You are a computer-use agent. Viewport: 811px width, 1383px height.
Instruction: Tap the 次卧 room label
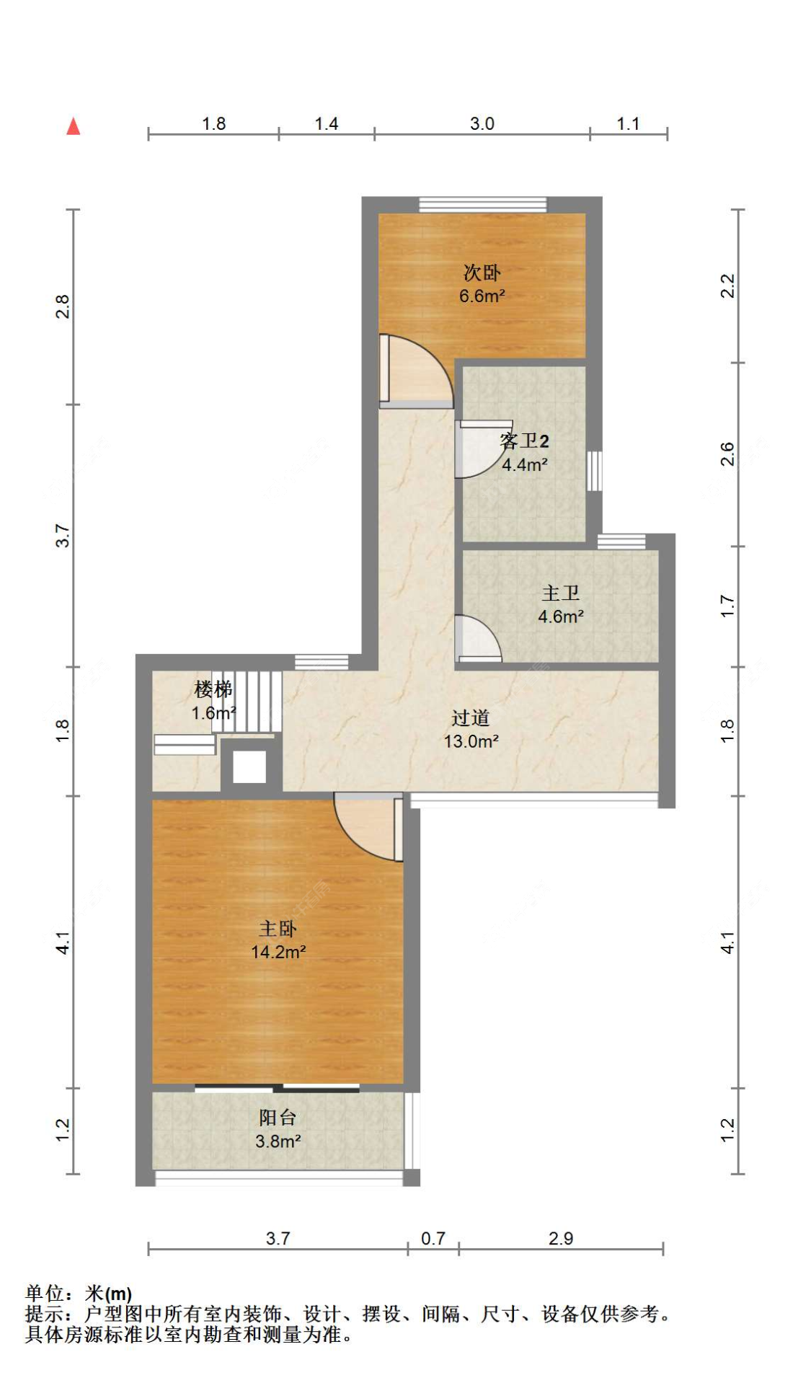point(482,273)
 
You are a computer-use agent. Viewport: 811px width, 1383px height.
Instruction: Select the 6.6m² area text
point(482,296)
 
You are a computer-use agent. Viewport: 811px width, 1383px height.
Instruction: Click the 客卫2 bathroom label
point(524,441)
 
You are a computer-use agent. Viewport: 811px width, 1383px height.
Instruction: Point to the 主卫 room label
point(560,593)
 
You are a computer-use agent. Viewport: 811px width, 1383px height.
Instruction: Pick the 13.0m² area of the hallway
point(471,741)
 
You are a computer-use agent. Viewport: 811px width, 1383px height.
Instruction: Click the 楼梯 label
point(213,689)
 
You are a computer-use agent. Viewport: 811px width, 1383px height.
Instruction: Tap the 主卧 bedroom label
point(278,929)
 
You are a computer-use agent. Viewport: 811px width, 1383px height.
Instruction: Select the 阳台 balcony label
point(278,1118)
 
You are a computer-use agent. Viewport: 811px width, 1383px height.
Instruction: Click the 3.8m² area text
point(278,1141)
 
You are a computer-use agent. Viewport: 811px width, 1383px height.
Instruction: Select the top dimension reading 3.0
point(482,123)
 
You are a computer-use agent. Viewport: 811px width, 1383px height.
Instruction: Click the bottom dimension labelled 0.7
point(433,1238)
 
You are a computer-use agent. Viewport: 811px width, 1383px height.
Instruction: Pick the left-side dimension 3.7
point(63,536)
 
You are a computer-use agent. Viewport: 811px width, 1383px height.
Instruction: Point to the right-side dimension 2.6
point(727,454)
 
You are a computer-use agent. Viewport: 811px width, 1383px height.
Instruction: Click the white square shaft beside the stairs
point(249,766)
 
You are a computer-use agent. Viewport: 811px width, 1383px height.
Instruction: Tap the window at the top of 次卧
point(483,205)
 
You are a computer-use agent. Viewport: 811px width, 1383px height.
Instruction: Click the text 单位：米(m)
point(79,1294)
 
